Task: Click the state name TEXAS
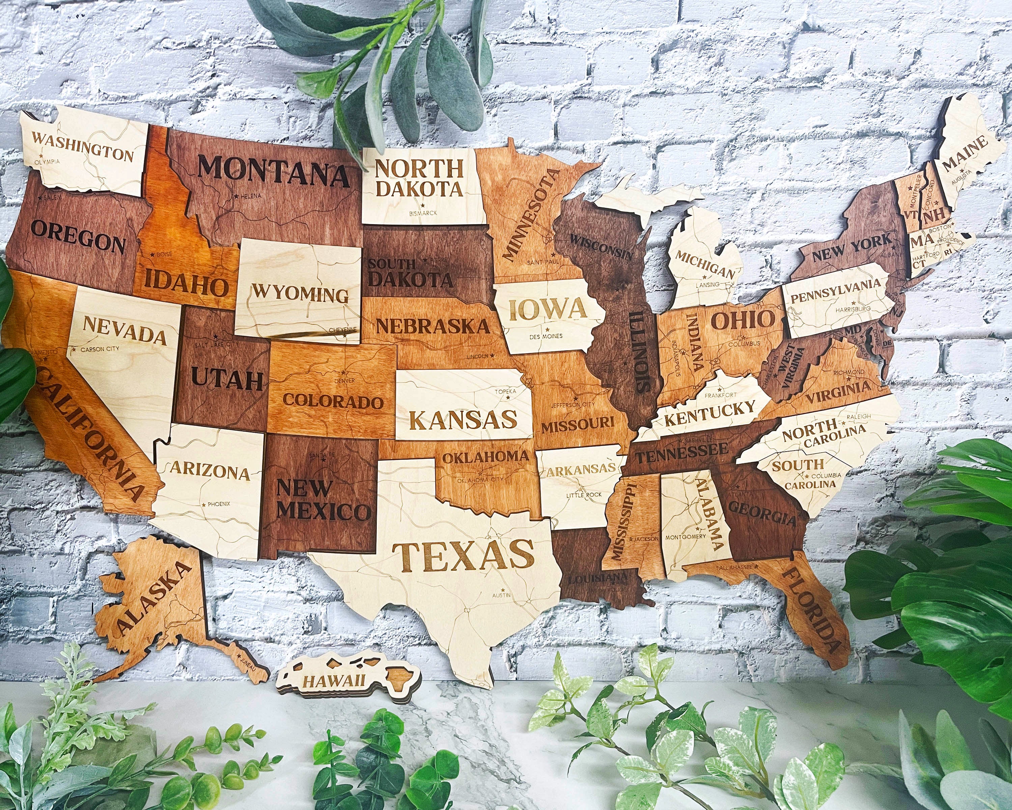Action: click(x=463, y=556)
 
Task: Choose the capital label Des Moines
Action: click(x=546, y=336)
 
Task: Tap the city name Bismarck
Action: click(x=423, y=213)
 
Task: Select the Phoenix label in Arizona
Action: click(x=219, y=504)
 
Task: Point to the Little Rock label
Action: click(x=584, y=495)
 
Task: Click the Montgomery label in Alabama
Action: click(x=685, y=536)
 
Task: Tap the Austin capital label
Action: click(x=501, y=595)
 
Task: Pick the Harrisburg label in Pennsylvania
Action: click(x=852, y=309)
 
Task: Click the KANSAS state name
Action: click(x=463, y=419)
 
